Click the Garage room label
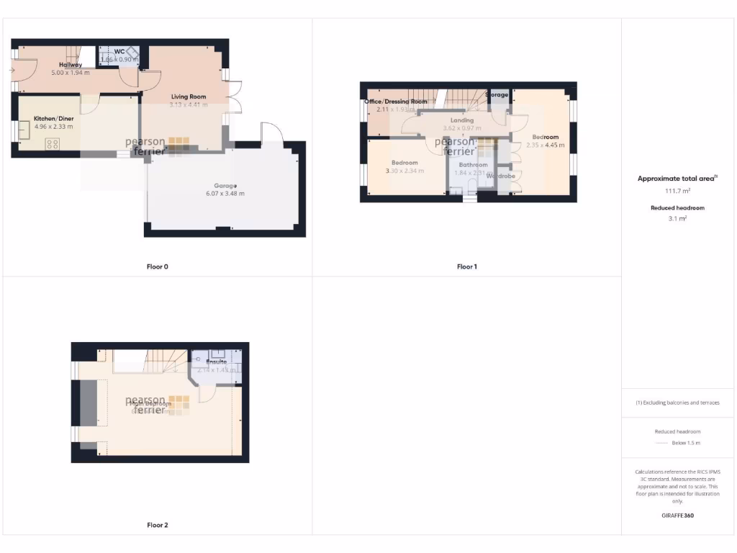[x=225, y=186]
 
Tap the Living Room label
[x=189, y=96]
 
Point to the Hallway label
[x=71, y=65]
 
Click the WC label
[x=119, y=51]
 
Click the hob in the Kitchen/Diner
[x=53, y=144]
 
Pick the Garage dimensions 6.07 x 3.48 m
[x=225, y=194]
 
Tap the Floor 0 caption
[x=158, y=266]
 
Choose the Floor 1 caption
[x=467, y=266]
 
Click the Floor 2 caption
[x=158, y=526]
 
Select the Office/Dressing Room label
[x=396, y=102]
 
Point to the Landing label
[x=461, y=120]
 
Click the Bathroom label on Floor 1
[x=473, y=165]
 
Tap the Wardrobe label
[x=500, y=176]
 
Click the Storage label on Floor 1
[x=497, y=94]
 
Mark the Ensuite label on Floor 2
[x=217, y=362]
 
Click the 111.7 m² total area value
[x=677, y=192]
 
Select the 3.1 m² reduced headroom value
[x=677, y=218]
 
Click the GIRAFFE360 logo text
[x=677, y=516]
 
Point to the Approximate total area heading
[x=677, y=179]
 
